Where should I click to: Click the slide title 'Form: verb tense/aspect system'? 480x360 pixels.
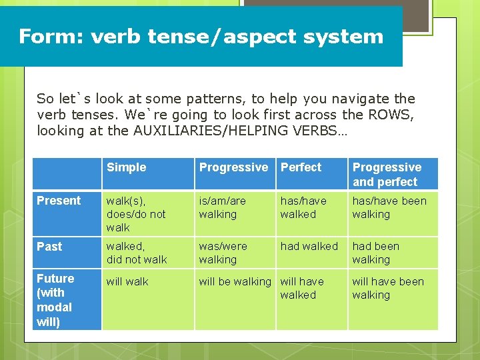201,36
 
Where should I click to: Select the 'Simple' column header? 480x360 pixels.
126,167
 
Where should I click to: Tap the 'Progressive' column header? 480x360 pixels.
233,167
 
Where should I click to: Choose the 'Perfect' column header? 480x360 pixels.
301,167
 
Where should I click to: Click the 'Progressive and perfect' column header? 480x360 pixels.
387,175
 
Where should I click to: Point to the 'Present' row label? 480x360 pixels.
59,201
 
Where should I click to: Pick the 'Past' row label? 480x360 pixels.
49,247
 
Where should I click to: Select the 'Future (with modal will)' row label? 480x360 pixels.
55,300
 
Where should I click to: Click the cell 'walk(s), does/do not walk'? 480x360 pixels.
136,214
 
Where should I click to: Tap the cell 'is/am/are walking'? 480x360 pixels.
222,207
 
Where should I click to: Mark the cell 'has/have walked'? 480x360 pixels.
303,207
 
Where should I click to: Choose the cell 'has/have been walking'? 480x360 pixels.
389,207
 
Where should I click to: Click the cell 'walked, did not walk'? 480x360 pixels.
137,253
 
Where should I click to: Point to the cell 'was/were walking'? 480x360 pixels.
222,253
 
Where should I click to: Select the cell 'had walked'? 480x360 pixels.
309,247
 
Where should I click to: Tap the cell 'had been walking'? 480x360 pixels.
375,253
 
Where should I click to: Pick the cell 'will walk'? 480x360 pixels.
127,281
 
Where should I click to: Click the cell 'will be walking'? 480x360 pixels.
235,281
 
